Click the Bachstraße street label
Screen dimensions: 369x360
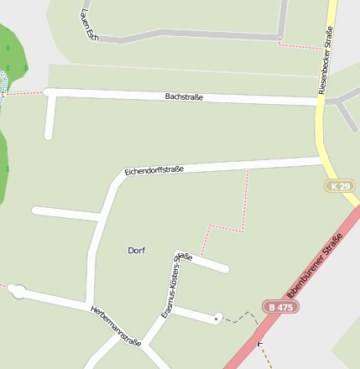[x=184, y=97]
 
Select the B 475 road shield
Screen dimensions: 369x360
[x=280, y=307]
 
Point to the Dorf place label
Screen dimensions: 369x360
[x=137, y=251]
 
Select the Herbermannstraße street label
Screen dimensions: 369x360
[x=115, y=323]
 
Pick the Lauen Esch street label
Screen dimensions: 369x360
[x=87, y=23]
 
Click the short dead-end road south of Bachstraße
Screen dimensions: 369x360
[x=50, y=117]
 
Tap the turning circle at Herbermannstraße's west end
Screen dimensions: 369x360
[x=18, y=292]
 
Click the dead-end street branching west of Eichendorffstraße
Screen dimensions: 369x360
[x=67, y=213]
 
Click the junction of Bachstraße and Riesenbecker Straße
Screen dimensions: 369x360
[x=320, y=101]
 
